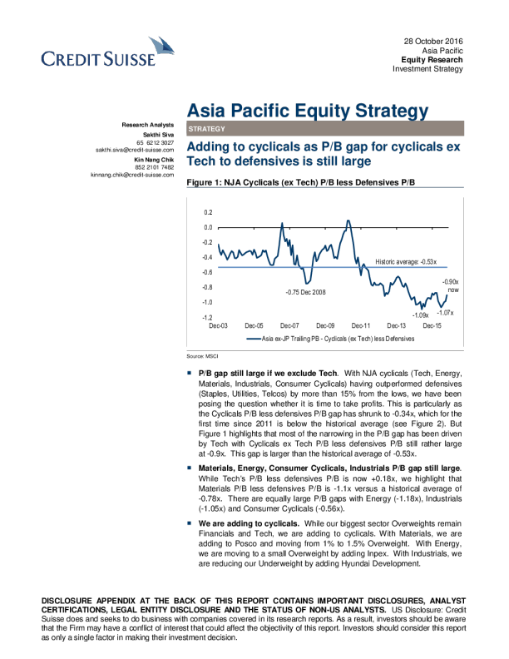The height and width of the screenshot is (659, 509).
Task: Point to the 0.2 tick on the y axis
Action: click(x=207, y=213)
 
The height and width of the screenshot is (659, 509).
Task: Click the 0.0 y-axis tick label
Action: click(x=207, y=228)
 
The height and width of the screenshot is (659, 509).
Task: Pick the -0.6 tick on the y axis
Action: click(x=206, y=273)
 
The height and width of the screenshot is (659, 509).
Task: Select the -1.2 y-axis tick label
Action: click(x=206, y=318)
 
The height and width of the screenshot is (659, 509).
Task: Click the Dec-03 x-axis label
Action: click(x=219, y=326)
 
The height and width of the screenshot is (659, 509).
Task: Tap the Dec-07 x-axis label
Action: click(x=290, y=326)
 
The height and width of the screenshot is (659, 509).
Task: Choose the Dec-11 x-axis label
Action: click(x=361, y=326)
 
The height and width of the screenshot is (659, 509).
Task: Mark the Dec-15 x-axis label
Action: click(x=432, y=326)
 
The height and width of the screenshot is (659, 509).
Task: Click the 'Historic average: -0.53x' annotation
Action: click(x=406, y=261)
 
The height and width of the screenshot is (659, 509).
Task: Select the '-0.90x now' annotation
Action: click(x=451, y=286)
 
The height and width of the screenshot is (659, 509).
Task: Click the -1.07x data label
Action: click(x=444, y=312)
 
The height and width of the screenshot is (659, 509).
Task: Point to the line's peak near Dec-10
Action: click(x=348, y=220)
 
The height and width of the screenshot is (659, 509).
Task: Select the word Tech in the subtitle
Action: click(x=200, y=162)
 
